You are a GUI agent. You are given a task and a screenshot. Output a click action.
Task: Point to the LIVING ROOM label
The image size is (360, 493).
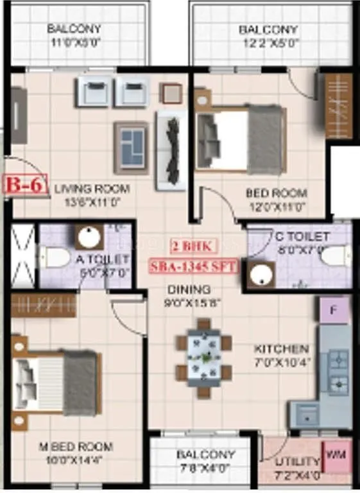tap(92, 189)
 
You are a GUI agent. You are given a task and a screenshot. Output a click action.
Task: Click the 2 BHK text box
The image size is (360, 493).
tap(194, 245)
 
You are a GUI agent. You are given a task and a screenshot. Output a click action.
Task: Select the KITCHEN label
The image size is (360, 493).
tap(282, 349)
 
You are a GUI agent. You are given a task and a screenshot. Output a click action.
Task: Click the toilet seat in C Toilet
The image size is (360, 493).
tap(335, 256)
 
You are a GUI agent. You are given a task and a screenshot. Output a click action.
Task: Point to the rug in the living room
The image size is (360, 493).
tap(132, 147)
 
